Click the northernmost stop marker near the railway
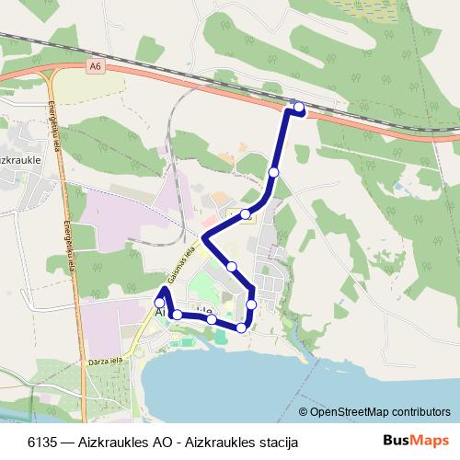click(x=299, y=108)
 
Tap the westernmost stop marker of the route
click(x=159, y=303)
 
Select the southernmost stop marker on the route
click(x=242, y=328)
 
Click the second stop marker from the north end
click(x=273, y=172)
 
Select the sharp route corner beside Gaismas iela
click(x=202, y=239)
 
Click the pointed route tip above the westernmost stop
click(x=163, y=289)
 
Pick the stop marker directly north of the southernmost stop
click(x=251, y=304)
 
